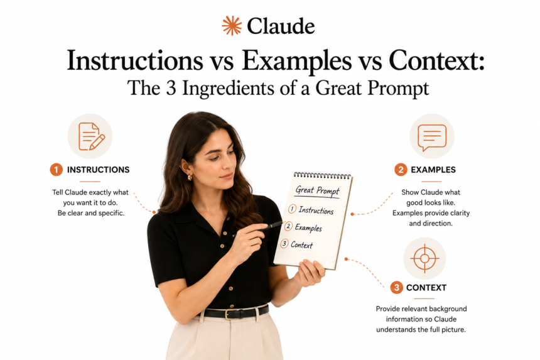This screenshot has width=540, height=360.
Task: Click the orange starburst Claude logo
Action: point(232,26)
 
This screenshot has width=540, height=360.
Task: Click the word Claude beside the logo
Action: point(281,26)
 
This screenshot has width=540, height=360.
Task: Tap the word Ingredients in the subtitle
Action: point(229,88)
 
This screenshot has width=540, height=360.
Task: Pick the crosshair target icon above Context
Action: point(424,258)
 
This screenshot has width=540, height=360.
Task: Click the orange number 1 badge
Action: point(57,170)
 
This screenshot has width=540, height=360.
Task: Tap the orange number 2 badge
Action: point(401,170)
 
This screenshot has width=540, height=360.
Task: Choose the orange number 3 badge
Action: point(397,287)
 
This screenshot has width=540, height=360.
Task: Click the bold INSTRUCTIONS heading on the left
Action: point(98,170)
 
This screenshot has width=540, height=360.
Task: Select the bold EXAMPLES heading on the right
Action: point(433,170)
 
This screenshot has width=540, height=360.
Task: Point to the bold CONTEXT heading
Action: point(426,288)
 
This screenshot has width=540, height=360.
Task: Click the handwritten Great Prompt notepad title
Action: point(318,190)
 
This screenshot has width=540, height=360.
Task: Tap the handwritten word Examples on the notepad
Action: point(308,227)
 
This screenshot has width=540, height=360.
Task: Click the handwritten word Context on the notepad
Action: point(301,245)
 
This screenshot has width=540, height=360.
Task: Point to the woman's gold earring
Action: point(190,177)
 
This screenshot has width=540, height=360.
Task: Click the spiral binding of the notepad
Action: point(323,176)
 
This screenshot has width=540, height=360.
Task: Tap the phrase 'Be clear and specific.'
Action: point(91,213)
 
